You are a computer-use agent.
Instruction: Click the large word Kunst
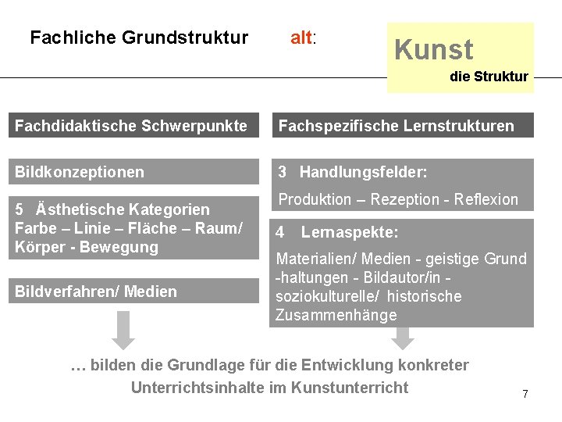coord(434,50)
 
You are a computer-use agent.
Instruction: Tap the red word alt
coord(301,38)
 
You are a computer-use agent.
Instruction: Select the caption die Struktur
coord(489,77)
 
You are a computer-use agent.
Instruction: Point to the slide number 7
coord(525,395)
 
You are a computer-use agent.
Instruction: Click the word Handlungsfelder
coord(363,172)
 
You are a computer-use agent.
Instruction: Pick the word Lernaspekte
coord(350,233)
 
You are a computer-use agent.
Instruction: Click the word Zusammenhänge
coord(336,316)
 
